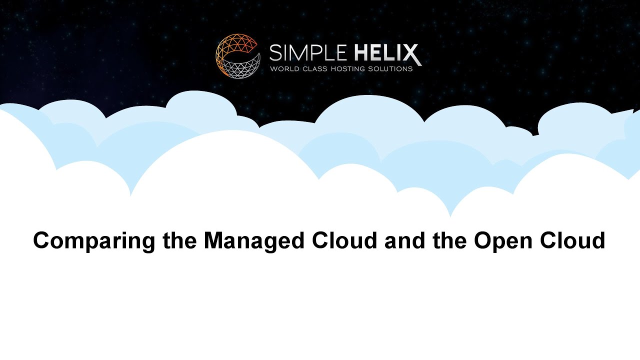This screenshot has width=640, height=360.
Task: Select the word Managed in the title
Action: (x=254, y=241)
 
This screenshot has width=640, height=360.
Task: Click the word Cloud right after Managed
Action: (x=344, y=240)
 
